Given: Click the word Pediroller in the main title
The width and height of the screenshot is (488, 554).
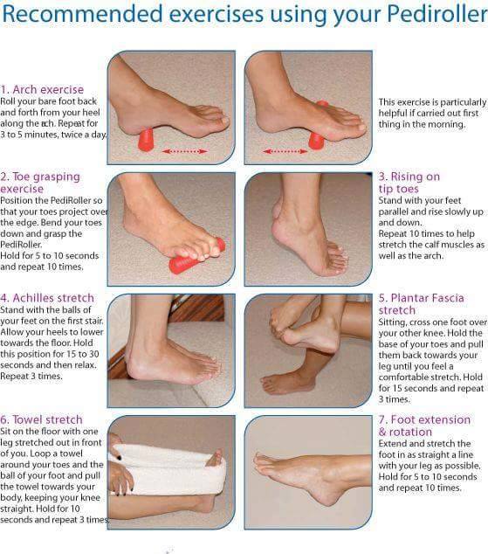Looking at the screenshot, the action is click(x=436, y=14).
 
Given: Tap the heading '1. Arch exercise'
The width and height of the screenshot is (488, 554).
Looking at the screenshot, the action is click(x=42, y=89).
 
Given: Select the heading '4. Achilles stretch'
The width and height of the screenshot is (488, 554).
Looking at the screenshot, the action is click(x=47, y=298).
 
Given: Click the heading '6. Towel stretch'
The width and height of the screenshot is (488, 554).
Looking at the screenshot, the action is click(x=41, y=419).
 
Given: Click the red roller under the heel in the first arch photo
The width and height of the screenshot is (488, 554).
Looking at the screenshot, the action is click(x=146, y=140).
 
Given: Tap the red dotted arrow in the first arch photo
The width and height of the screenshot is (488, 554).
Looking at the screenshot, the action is click(x=184, y=151).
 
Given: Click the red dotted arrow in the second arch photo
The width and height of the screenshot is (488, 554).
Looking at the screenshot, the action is click(x=285, y=151).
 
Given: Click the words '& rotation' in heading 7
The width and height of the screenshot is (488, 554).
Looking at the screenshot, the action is click(x=405, y=432).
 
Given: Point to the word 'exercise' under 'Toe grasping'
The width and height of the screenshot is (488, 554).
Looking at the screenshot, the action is click(x=22, y=189).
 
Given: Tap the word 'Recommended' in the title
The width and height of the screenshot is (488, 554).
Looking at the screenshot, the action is click(x=82, y=14).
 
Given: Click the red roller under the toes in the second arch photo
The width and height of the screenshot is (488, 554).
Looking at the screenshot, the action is click(x=317, y=138).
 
